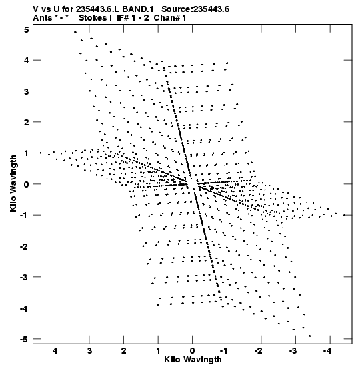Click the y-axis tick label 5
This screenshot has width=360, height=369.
click(26, 30)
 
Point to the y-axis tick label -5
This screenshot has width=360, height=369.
click(24, 340)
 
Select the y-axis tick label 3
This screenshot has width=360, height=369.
click(26, 91)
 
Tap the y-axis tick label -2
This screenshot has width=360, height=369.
click(24, 246)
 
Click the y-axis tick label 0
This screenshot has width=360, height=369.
click(26, 184)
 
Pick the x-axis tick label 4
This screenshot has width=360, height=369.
click(55, 351)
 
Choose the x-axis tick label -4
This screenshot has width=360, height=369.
click(327, 351)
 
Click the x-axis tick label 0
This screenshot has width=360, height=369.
click(193, 351)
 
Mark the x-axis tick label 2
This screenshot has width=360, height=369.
click(124, 351)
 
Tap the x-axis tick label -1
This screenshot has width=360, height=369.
click(224, 351)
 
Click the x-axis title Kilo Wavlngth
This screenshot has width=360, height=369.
click(193, 360)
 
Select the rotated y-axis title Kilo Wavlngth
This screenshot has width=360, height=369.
click(13, 183)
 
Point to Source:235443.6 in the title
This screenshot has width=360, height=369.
click(195, 9)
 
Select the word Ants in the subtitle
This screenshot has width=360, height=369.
click(43, 18)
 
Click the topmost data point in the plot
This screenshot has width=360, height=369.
click(75, 32)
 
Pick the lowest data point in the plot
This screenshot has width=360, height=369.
click(310, 336)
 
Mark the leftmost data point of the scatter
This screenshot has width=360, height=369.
click(41, 153)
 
